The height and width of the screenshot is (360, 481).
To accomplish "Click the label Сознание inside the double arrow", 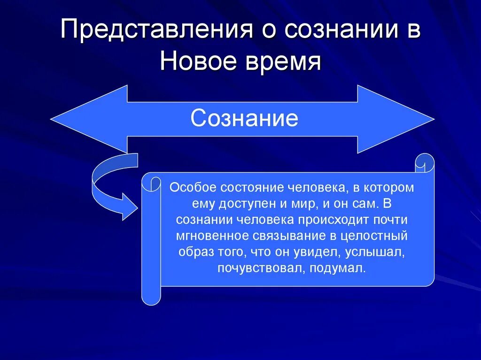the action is pyautogui.click(x=244, y=118).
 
